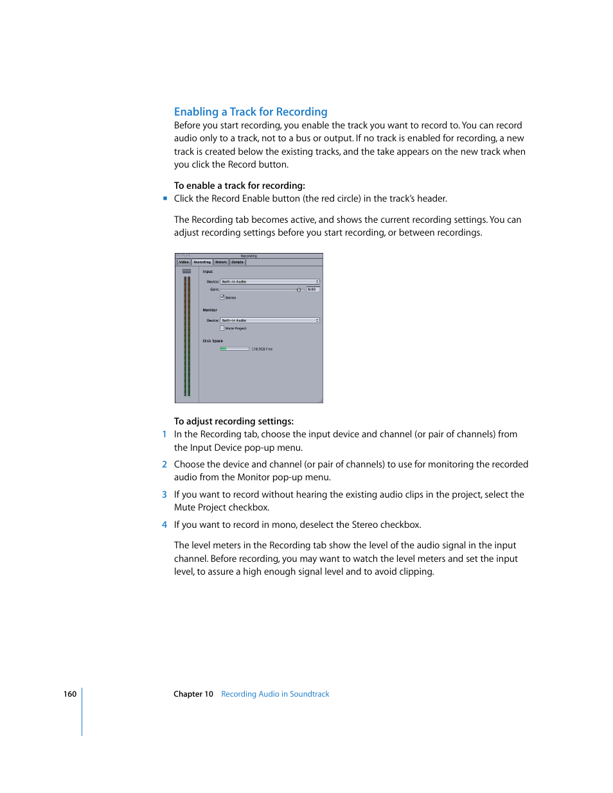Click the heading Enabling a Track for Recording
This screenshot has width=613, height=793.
click(x=251, y=112)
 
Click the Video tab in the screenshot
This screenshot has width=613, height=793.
click(x=184, y=262)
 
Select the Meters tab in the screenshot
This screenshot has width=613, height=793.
click(x=221, y=262)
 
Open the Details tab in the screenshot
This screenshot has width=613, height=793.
click(x=238, y=262)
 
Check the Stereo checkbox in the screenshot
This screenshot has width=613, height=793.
click(x=222, y=297)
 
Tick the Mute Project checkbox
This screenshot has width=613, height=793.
click(x=222, y=328)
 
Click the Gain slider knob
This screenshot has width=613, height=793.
click(x=299, y=290)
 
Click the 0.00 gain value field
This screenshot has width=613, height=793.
click(x=312, y=290)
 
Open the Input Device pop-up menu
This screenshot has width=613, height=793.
click(x=270, y=282)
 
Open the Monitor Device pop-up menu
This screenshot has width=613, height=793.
click(x=270, y=320)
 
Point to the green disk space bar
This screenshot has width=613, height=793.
click(x=224, y=349)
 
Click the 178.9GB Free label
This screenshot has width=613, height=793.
click(x=262, y=349)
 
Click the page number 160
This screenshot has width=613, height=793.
click(x=70, y=694)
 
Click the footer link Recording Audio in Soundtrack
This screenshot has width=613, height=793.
click(x=275, y=694)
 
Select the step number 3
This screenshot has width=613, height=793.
click(x=164, y=494)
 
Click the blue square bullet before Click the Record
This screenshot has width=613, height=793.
click(x=165, y=199)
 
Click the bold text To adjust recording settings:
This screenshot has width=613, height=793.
click(x=234, y=421)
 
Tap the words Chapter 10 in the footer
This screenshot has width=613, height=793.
click(x=193, y=694)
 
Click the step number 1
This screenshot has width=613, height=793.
click(x=164, y=435)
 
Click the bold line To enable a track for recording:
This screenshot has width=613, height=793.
click(x=240, y=186)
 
